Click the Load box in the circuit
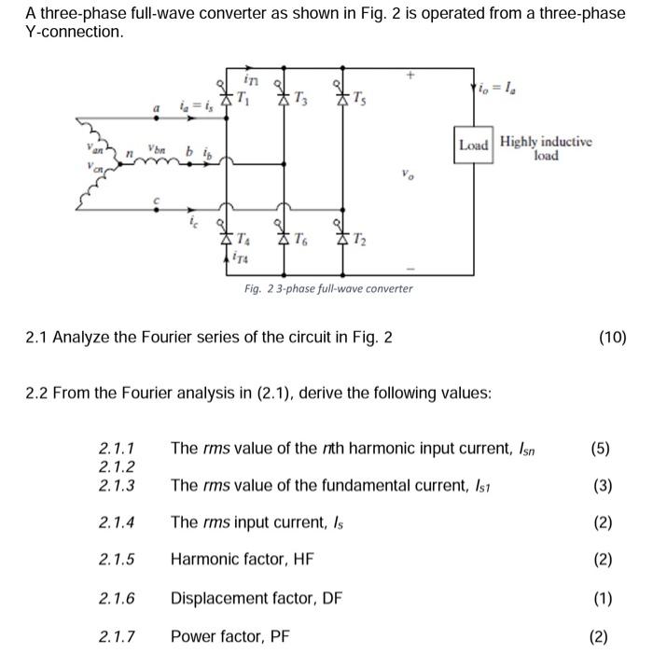tap(473, 146)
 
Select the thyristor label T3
tap(298, 99)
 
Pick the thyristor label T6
tap(299, 240)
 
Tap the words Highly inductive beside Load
tap(545, 141)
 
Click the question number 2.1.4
tap(117, 522)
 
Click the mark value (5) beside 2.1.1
tap(599, 448)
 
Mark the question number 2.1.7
tap(117, 637)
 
